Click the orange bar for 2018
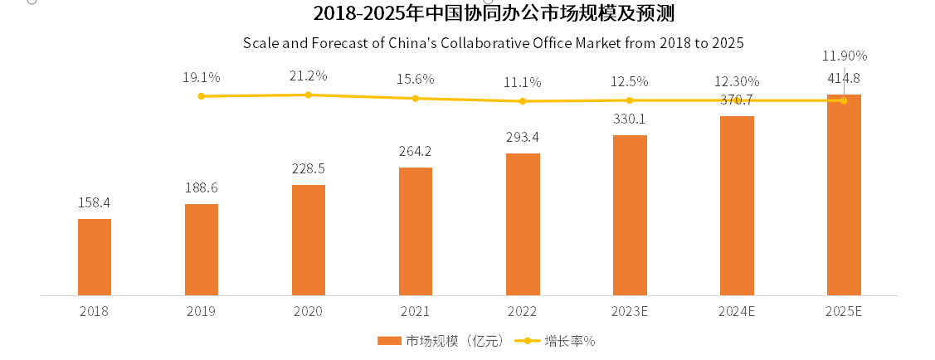point(95,257)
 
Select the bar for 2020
point(309,240)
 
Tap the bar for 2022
point(523,224)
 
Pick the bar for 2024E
point(737,205)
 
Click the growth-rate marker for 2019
point(202,96)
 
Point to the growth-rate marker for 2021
point(416,99)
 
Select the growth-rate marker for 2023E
point(630,100)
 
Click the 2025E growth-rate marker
point(844,100)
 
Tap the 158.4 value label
point(94,202)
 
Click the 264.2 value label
point(416,151)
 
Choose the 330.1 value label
point(629,119)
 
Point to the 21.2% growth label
point(308,75)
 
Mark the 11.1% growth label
point(523,82)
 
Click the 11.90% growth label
point(844,56)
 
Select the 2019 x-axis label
point(202,312)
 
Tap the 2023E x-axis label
point(630,312)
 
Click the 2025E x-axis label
point(844,312)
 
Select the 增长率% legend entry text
point(571,341)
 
